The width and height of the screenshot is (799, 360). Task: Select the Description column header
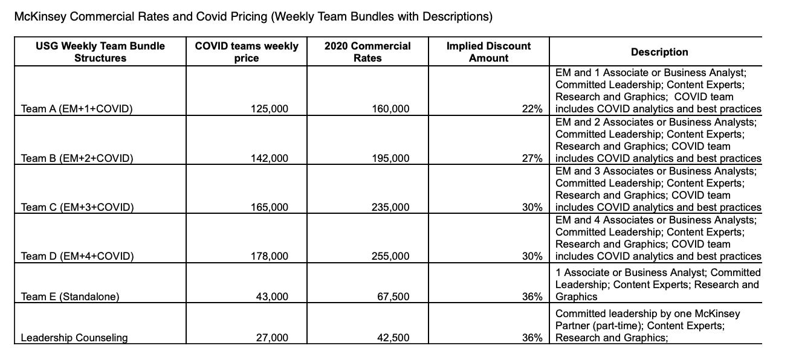point(659,52)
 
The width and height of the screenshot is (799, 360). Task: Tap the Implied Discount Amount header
point(488,52)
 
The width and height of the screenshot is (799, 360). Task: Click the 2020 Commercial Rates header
point(367,52)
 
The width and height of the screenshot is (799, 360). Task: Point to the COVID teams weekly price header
point(246,52)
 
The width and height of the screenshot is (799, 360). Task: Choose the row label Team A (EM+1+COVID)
point(77,109)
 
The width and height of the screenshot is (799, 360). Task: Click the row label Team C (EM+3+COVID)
point(77,207)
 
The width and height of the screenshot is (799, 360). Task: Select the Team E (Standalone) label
point(70,297)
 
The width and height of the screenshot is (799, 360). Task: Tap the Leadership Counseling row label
point(74,338)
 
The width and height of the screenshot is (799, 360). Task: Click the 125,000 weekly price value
point(270,109)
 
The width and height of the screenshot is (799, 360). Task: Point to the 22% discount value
point(532,109)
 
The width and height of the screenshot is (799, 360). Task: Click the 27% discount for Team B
point(532,158)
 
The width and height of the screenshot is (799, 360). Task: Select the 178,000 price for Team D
point(270,256)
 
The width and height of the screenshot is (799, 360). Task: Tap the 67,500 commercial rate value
point(393,297)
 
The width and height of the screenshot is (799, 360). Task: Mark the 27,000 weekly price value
point(273,338)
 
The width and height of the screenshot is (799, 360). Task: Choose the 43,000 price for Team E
point(273,297)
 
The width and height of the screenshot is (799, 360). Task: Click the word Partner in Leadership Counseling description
point(572,326)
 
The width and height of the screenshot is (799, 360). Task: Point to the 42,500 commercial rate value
point(393,338)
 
